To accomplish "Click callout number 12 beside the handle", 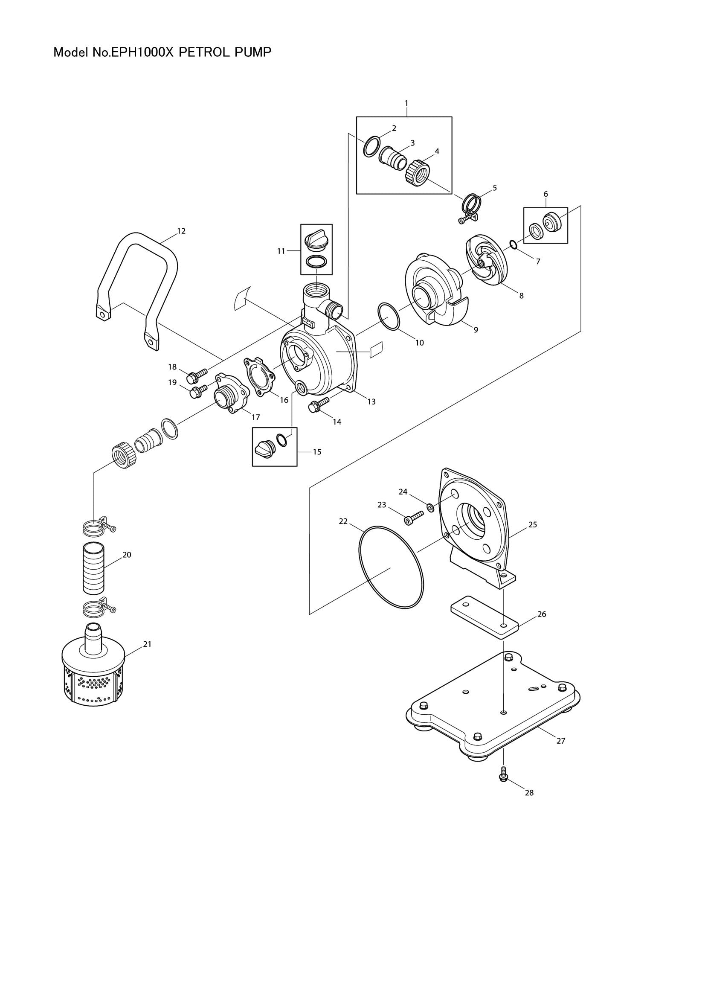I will click(181, 231).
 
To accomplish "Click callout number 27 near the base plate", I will click(561, 741).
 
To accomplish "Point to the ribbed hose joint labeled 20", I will click(93, 568).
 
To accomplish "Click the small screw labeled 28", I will click(504, 774).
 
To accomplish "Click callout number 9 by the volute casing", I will click(476, 330).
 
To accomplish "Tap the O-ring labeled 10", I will click(389, 316).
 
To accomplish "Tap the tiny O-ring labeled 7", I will click(513, 245).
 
